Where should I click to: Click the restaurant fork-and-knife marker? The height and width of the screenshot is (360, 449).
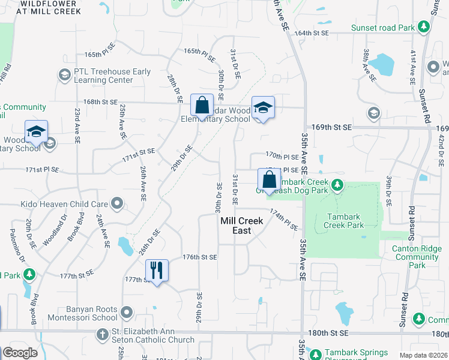click(156, 269)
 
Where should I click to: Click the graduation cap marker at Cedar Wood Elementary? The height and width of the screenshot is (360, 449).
click(262, 107)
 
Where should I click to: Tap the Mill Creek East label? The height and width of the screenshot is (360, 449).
click(242, 226)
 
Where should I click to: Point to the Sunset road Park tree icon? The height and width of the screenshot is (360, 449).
click(424, 27)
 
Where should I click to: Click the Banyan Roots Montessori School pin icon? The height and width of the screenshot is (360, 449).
click(126, 313)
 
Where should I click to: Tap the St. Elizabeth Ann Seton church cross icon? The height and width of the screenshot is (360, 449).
click(103, 334)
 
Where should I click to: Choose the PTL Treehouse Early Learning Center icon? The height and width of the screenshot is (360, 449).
click(64, 75)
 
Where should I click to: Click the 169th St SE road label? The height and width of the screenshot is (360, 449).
click(332, 128)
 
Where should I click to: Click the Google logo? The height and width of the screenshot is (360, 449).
click(20, 353)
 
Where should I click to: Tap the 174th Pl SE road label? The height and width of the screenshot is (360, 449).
click(283, 220)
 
